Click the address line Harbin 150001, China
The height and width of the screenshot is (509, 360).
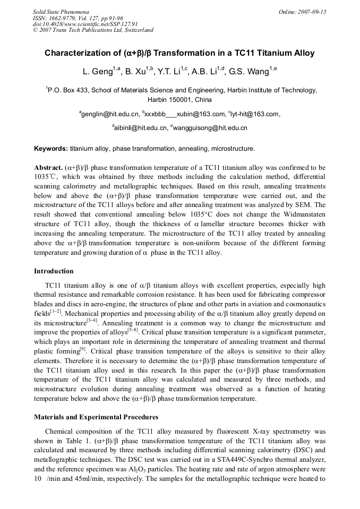click(x=179, y=100)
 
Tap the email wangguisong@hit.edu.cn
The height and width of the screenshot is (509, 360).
click(x=210, y=127)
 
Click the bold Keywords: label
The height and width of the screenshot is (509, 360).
click(x=51, y=148)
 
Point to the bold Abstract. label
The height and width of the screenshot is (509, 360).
click(x=49, y=167)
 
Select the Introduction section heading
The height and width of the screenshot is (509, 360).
click(x=54, y=271)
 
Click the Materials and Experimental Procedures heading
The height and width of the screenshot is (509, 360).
click(x=96, y=417)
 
